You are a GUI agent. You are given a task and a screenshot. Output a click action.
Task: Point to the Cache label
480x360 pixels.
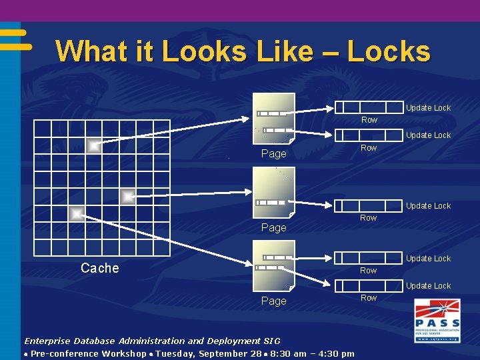coord(99,268)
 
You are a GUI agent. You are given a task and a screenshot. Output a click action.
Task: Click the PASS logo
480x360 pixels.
coord(437,321)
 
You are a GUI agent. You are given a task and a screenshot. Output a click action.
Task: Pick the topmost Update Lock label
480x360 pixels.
coord(428,108)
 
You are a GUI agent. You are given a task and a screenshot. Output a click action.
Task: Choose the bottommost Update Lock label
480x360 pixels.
coord(428,286)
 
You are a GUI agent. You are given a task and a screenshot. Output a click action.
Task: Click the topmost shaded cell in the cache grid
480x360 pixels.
coord(94,146)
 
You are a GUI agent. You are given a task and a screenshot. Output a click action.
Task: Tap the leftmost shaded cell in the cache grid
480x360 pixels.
coord(77,213)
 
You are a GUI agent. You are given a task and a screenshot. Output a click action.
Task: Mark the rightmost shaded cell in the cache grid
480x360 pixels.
coord(127,196)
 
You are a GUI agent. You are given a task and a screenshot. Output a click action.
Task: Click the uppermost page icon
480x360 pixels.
coord(274,118)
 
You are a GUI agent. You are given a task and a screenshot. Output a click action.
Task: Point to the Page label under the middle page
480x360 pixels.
coord(273,228)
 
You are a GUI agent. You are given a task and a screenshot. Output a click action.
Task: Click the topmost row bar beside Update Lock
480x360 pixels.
coord(367,107)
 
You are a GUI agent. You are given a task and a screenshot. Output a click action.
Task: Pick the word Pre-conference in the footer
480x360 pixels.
coord(65,353)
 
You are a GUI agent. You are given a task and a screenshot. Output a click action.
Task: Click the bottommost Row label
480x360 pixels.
coord(369,298)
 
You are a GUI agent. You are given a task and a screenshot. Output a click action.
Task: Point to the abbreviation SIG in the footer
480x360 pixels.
coord(271,341)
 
